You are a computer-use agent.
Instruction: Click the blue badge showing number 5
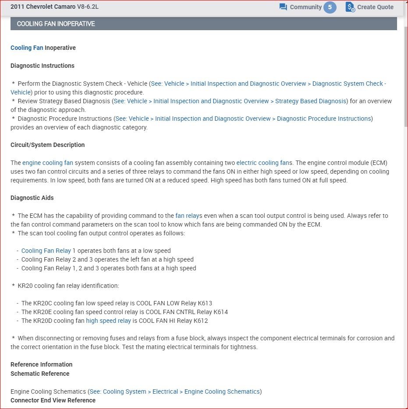tap(330, 7)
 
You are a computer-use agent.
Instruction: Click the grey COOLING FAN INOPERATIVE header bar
tap(203, 24)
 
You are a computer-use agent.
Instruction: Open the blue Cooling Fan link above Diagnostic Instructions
tap(27, 48)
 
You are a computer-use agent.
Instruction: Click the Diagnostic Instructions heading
tap(43, 66)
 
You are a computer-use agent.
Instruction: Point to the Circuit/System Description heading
tap(48, 145)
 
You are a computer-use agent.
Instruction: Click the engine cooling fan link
tap(48, 163)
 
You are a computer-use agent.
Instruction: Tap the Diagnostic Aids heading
tap(32, 198)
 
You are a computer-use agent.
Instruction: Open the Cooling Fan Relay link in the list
tap(46, 251)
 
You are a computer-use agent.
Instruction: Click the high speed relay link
tap(108, 321)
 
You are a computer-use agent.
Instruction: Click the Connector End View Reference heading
tap(53, 400)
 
